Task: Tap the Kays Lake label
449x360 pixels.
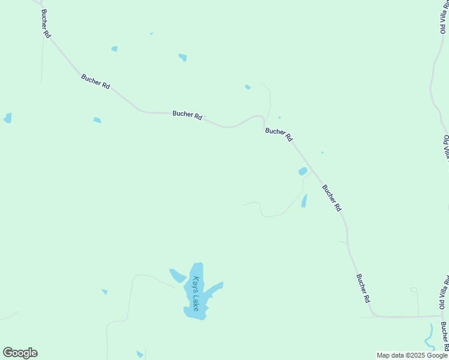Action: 196,294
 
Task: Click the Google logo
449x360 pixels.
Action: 20,353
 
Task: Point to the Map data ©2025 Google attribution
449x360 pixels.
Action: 412,355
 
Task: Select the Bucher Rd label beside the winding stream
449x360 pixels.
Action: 444,336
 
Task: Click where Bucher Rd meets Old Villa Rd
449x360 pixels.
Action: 442,316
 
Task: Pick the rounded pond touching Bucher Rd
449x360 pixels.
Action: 303,172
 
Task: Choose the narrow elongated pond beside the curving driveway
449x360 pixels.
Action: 304,201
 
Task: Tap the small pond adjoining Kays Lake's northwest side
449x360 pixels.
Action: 178,275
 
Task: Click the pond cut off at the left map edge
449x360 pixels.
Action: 7,118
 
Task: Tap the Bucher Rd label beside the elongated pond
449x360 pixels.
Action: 331,197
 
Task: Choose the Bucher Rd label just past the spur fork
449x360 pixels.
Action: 279,134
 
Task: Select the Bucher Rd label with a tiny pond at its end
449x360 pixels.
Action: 187,115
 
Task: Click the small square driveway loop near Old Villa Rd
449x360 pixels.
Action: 414,290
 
